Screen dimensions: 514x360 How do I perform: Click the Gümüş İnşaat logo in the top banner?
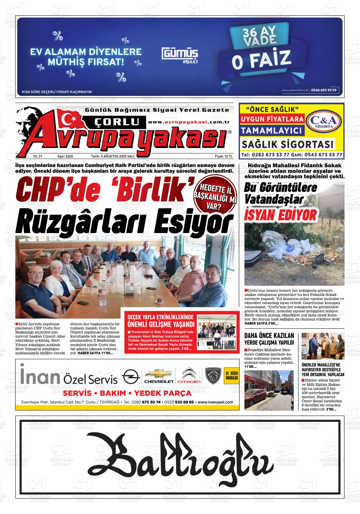coord(180,55)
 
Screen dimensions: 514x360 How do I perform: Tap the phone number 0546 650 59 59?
coord(324,90)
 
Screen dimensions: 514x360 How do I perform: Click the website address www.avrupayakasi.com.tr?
coord(189,122)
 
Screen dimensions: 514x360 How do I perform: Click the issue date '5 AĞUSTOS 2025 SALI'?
coord(112,156)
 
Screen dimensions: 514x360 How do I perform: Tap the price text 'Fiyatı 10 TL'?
coord(223,156)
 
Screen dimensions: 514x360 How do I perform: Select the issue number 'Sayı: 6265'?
coord(65,156)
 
